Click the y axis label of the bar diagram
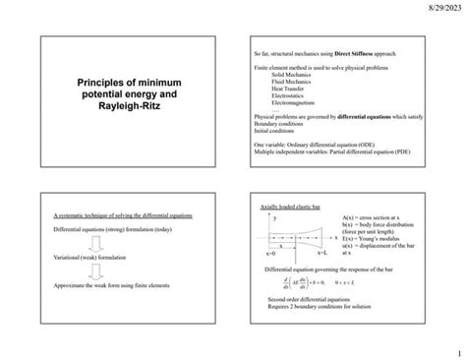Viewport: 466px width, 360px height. pos(275,218)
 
